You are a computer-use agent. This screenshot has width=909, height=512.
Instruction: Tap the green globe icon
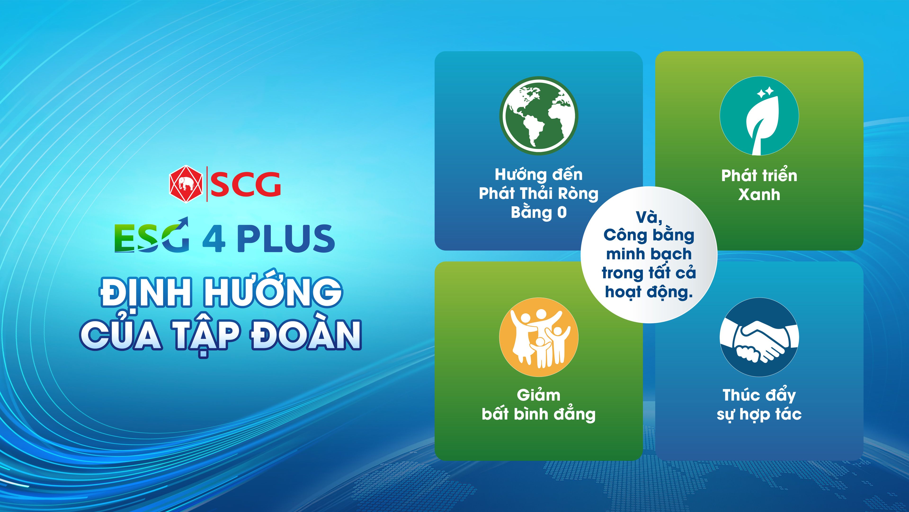[539, 115]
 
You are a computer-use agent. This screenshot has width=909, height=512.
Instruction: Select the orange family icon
[539, 337]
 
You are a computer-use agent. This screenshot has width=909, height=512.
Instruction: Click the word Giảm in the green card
[539, 395]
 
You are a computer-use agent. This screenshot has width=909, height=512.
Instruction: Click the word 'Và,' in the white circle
[649, 217]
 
